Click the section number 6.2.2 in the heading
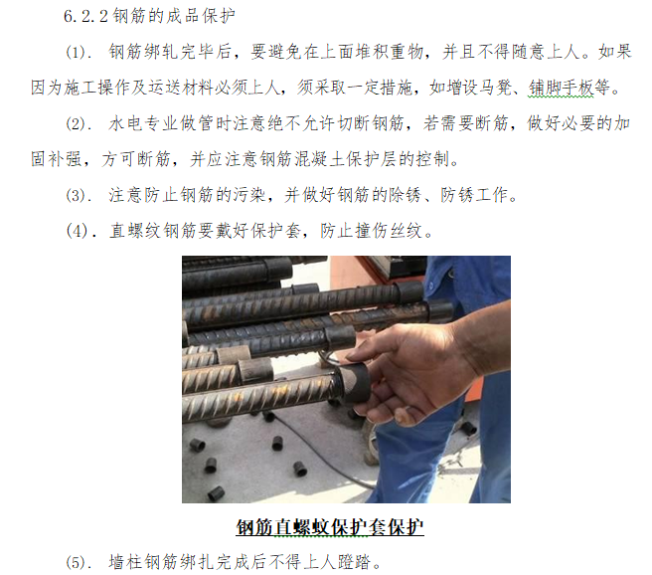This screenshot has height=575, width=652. point(85,17)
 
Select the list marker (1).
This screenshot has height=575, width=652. point(79,53)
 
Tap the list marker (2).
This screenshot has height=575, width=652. point(79,124)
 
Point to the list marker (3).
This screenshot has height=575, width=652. point(79,196)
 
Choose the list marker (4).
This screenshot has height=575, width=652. point(81,232)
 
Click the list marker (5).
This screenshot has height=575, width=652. point(79,563)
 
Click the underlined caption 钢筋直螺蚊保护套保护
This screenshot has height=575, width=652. point(330,527)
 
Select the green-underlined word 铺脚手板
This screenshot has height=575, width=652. point(561,89)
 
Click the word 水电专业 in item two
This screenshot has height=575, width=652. point(143,124)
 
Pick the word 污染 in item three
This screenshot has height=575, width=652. point(248,196)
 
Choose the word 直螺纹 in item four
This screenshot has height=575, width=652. point(135,232)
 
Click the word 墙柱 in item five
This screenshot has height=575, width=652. point(125,563)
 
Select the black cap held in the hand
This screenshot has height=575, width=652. point(354,384)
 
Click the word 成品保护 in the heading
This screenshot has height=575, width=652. point(201,17)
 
